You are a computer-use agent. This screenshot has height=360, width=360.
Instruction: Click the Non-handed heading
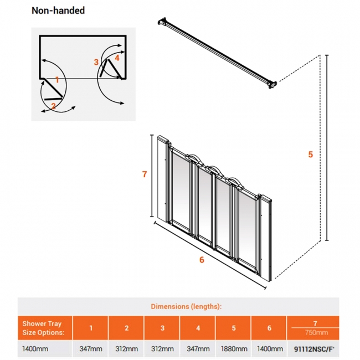pyautogui.click(x=58, y=11)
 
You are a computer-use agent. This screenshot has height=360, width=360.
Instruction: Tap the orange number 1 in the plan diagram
pyautogui.click(x=57, y=80)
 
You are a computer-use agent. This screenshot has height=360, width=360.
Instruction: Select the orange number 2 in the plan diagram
pyautogui.click(x=53, y=105)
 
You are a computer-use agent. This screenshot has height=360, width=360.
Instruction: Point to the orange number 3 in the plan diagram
pyautogui.click(x=96, y=61)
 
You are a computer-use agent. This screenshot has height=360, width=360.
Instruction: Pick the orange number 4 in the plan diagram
pyautogui.click(x=117, y=57)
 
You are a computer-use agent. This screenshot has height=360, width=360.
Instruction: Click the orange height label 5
pyautogui.click(x=311, y=155)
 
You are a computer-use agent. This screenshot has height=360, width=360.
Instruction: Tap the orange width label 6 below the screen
pyautogui.click(x=202, y=261)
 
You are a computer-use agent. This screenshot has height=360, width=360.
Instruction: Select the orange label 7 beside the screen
pyautogui.click(x=144, y=174)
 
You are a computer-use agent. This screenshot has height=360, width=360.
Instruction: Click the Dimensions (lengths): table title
pyautogui.click(x=186, y=306)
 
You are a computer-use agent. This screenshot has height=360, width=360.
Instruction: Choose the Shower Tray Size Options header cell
pyautogui.click(x=43, y=327)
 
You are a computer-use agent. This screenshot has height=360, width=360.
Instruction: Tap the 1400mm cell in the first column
pyautogui.click(x=34, y=348)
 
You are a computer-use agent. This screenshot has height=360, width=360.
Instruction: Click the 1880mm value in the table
pyautogui.click(x=234, y=348)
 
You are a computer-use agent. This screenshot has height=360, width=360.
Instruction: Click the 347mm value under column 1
pyautogui.click(x=91, y=348)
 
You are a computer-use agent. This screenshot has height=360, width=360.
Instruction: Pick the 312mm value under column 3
pyautogui.click(x=162, y=348)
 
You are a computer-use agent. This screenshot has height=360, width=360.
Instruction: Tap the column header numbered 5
pyautogui.click(x=234, y=328)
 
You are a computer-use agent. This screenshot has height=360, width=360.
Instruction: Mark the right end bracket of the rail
pyautogui.click(x=272, y=84)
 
